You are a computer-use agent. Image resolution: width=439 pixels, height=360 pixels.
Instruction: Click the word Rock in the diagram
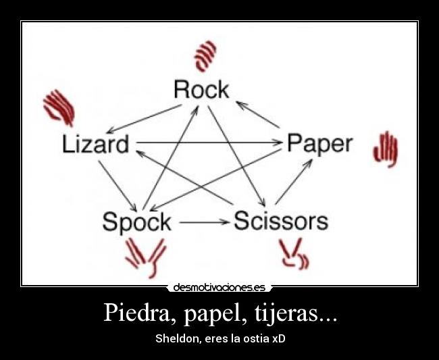201,90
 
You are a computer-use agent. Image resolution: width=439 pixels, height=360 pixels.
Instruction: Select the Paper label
319,143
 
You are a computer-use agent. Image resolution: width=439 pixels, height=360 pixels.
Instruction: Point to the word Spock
136,222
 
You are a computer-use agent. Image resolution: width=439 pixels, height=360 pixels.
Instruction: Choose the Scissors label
280,221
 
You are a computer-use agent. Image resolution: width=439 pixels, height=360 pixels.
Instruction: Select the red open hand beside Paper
386,148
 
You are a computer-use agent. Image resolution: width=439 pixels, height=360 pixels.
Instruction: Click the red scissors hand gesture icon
294,255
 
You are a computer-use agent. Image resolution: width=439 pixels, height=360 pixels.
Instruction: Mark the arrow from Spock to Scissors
204,222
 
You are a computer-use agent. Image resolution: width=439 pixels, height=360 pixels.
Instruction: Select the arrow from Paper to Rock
258,115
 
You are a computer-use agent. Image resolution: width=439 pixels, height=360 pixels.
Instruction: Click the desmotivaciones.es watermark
219,287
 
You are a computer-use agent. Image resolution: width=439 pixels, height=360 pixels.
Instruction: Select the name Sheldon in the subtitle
177,338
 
